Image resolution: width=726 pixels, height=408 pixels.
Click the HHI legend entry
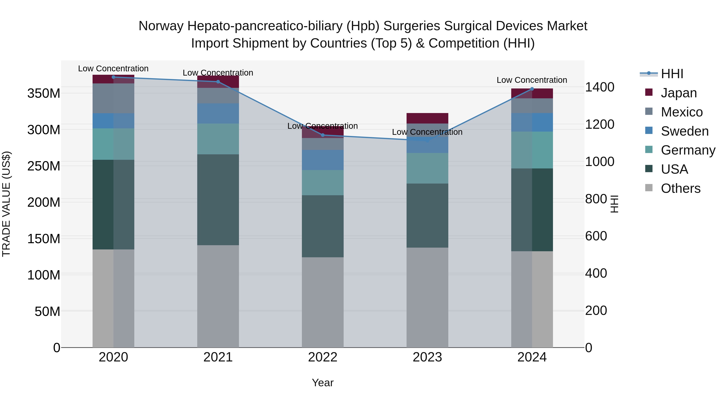click(672, 74)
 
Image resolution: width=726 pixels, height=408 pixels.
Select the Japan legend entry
click(678, 93)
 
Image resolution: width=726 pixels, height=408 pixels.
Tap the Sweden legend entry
click(684, 131)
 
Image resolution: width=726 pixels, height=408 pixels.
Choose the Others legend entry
click(680, 188)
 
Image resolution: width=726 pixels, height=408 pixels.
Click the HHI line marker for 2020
click(114, 77)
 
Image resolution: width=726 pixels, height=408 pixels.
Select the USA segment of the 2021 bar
click(218, 200)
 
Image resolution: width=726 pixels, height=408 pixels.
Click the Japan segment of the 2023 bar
click(427, 118)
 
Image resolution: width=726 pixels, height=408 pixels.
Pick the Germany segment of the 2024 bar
click(532, 150)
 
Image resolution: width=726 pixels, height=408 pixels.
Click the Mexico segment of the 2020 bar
click(114, 98)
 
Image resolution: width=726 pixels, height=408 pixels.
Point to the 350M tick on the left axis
click(44, 93)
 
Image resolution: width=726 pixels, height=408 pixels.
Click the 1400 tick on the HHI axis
click(600, 87)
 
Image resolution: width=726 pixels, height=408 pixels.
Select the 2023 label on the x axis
click(427, 357)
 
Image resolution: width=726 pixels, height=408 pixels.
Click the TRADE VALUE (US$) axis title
click(6, 204)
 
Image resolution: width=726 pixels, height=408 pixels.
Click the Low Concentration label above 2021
click(218, 73)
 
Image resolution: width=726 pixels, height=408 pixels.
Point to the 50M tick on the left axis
click(47, 311)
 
